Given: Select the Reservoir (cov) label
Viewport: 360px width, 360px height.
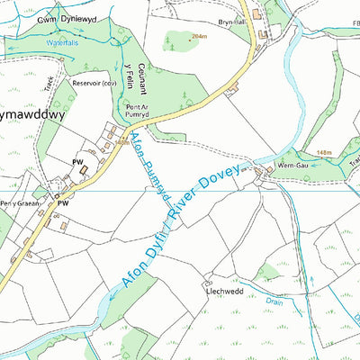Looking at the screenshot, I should coord(97,84).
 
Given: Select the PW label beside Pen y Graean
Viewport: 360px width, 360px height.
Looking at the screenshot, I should coord(64,204).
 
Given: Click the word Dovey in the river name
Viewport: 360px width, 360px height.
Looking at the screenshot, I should coord(225,181).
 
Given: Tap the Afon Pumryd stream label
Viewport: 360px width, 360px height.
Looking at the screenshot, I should coord(148,162).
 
